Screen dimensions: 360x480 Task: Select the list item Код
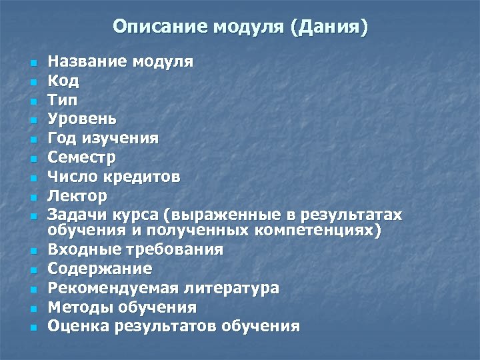point(63,81)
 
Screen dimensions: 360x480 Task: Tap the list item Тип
point(63,101)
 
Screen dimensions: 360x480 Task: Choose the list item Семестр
point(81,158)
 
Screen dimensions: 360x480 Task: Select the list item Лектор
point(77,197)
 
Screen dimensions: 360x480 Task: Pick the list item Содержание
point(100,269)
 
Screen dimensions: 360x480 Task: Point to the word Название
point(89,62)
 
